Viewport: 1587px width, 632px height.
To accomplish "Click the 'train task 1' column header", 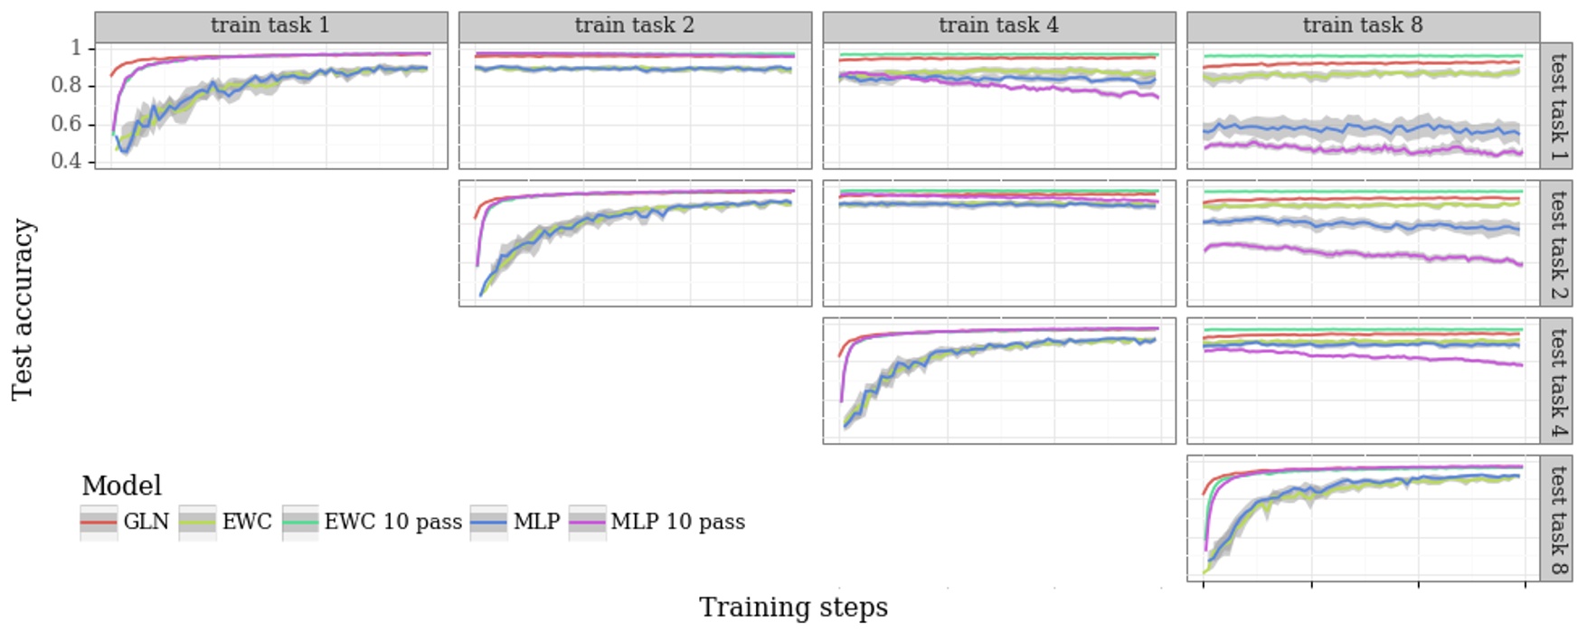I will (x=270, y=25).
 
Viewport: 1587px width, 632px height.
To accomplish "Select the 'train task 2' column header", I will (x=635, y=25).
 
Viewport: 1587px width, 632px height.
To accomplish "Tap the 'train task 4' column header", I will (x=998, y=25).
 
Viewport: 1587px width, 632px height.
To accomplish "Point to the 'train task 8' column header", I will (x=1363, y=25).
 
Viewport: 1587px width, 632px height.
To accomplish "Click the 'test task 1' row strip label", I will (x=1557, y=106).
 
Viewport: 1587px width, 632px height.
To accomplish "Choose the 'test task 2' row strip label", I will (x=1557, y=243).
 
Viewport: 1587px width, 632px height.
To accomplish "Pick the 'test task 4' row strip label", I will (x=1557, y=381).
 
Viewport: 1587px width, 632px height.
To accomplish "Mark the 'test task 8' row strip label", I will (x=1557, y=518).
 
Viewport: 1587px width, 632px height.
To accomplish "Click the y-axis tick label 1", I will (x=76, y=47).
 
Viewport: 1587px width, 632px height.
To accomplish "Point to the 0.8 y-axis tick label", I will (x=66, y=85).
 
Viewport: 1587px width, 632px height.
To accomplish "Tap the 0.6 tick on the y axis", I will (x=66, y=123).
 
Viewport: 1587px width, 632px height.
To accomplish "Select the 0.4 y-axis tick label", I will (x=66, y=161).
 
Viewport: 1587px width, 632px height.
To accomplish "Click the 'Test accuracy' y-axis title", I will (x=23, y=309).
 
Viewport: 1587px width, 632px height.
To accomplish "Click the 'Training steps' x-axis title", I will (x=793, y=608).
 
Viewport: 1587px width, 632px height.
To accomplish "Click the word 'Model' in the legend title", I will (x=121, y=486).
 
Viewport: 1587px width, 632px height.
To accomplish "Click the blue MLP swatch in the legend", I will (x=488, y=523).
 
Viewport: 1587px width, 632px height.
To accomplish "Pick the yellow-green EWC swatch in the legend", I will (x=197, y=523).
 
